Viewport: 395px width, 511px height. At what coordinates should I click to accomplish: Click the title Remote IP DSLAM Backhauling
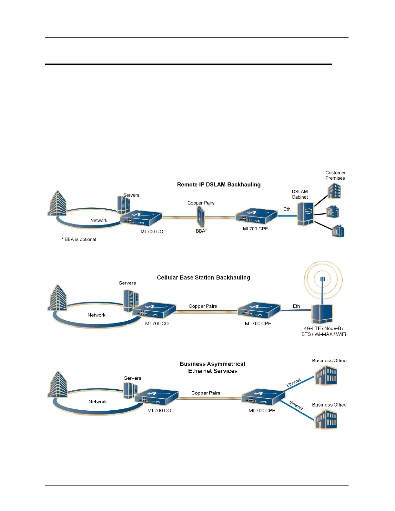(x=218, y=185)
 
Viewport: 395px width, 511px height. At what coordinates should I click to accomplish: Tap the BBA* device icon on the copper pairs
(x=201, y=217)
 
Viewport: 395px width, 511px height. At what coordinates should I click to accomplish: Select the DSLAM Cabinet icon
(x=305, y=214)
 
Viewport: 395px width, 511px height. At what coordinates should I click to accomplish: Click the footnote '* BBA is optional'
(x=79, y=239)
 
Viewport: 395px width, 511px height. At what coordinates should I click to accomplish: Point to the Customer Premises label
(x=335, y=175)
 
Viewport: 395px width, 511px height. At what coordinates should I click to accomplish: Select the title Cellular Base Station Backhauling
(x=203, y=277)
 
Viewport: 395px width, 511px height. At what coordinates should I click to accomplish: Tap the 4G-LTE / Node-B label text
(x=323, y=328)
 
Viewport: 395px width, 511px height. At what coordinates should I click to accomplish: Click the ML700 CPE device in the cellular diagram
(x=259, y=311)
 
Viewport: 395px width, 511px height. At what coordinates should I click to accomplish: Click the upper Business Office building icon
(x=326, y=376)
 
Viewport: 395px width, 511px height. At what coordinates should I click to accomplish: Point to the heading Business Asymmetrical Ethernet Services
(x=213, y=367)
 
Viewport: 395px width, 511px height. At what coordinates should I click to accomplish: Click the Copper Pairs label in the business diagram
(x=206, y=393)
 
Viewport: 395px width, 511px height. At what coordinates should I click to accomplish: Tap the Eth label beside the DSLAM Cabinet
(x=287, y=209)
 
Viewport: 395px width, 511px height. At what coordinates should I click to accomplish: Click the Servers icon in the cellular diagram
(x=131, y=300)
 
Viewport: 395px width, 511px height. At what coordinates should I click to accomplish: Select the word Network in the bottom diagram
(x=97, y=402)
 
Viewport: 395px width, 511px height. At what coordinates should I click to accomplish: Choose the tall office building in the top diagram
(x=57, y=203)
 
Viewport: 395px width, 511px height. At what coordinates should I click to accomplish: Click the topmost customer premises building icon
(x=334, y=191)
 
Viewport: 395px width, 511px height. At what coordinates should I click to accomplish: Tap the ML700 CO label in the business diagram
(x=159, y=411)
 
